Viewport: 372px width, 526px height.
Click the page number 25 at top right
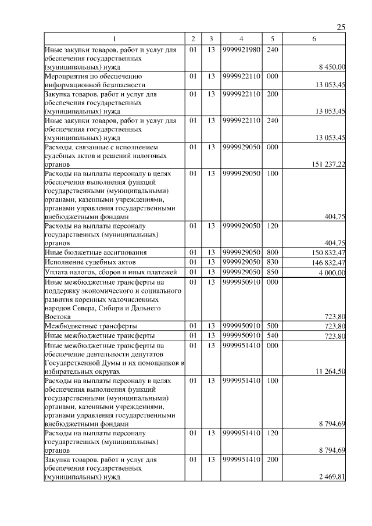tap(341, 27)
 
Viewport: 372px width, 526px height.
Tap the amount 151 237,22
tap(328, 164)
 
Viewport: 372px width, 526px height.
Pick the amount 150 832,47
tap(328, 253)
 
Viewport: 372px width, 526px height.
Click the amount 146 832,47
tap(328, 263)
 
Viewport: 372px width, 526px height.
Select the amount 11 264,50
tap(331, 370)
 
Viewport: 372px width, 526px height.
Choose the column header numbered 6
tap(314, 38)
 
